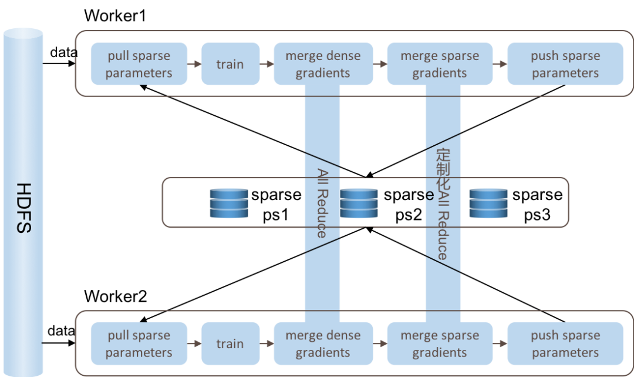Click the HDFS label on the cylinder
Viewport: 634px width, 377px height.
[x=23, y=208]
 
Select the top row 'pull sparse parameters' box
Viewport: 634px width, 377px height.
[x=139, y=64]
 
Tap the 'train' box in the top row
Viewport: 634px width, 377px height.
[x=230, y=64]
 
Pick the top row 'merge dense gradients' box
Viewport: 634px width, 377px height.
[x=323, y=64]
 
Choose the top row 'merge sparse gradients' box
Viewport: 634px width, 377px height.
[x=439, y=64]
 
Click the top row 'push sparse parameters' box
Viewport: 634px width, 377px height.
[x=565, y=64]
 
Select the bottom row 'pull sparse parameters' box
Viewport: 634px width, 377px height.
[x=139, y=343]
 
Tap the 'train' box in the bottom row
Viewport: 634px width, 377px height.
[x=230, y=343]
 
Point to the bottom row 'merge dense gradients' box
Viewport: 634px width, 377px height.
[x=323, y=343]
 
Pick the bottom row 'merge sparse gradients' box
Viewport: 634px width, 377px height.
[x=439, y=343]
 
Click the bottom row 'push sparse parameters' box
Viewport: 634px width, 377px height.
[x=565, y=343]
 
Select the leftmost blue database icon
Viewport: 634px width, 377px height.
[x=229, y=203]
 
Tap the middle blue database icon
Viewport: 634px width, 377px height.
[x=359, y=203]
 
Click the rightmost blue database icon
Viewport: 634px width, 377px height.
[x=488, y=203]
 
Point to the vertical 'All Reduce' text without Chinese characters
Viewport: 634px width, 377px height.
[x=322, y=203]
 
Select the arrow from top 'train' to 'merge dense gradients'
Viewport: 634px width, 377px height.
[x=267, y=64]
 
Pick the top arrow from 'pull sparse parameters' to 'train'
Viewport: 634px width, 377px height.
[x=194, y=64]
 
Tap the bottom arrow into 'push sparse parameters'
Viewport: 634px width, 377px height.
[x=500, y=343]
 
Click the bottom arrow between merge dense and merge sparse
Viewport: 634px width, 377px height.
[x=380, y=343]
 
